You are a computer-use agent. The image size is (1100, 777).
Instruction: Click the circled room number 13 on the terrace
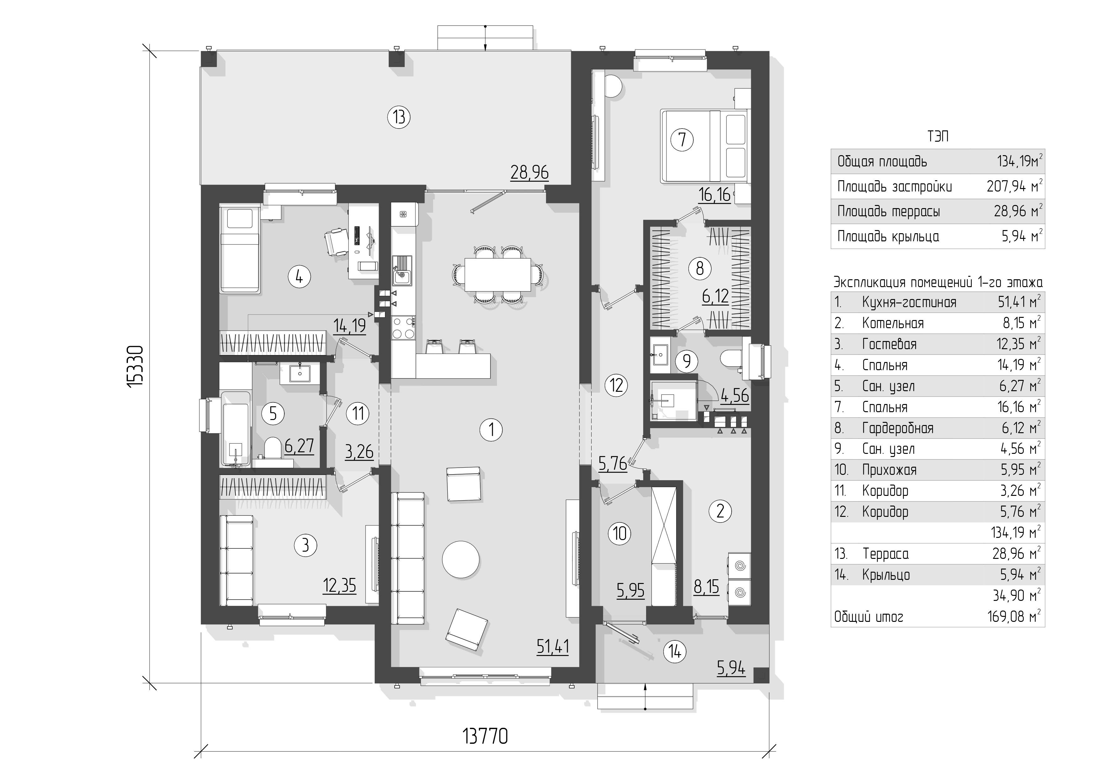(399, 117)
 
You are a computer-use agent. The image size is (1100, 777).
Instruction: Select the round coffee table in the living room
(461, 559)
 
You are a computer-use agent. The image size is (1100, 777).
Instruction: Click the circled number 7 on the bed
(682, 140)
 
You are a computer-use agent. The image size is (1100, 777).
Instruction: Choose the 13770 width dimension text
(485, 736)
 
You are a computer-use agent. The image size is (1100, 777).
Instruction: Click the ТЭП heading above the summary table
(938, 137)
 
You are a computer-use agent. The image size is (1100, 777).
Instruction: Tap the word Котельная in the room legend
(892, 323)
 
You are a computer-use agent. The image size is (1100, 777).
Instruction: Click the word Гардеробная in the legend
(897, 428)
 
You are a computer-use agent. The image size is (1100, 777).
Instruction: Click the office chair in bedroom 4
(336, 241)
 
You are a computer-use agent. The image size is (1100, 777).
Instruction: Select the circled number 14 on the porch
(675, 652)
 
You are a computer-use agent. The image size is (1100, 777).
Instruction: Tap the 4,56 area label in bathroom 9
(734, 395)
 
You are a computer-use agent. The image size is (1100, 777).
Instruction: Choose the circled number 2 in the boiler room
(720, 512)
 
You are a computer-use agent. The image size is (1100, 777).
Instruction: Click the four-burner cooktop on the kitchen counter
(403, 328)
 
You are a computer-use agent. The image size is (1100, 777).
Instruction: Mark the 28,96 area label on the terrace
(529, 172)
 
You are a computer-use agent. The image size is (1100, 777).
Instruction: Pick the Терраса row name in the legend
(885, 554)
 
